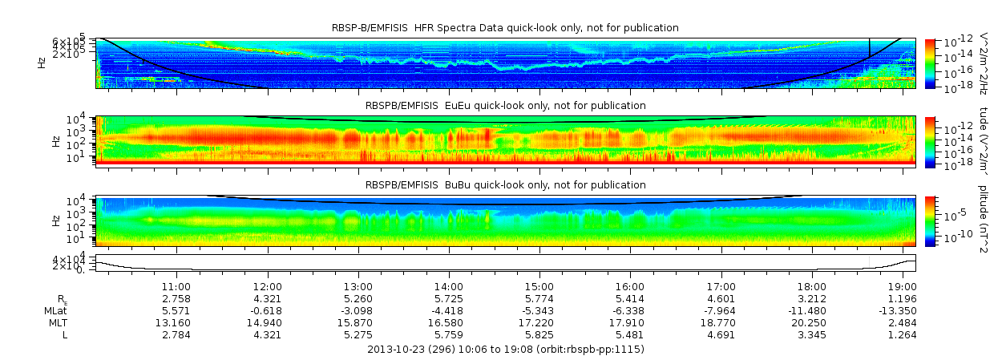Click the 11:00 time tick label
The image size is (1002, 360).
(x=176, y=286)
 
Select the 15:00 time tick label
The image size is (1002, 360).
(x=539, y=286)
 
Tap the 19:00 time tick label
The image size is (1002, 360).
(x=903, y=286)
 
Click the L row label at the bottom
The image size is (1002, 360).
(x=65, y=334)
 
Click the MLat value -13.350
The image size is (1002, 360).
(x=900, y=310)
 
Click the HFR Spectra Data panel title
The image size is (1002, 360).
(x=505, y=28)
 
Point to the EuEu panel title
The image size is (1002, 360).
(x=505, y=105)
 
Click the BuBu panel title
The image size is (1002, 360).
(x=505, y=185)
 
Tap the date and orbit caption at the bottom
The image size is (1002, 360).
(x=505, y=350)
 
